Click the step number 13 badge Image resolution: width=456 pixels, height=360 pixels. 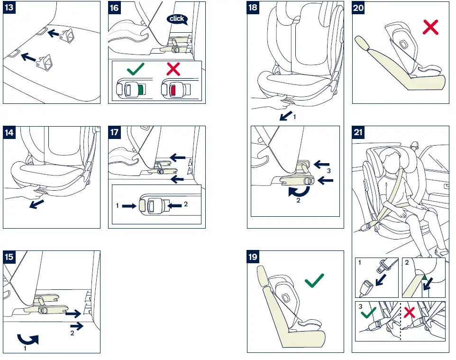pos(9,8)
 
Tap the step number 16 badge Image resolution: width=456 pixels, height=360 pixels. pos(115,8)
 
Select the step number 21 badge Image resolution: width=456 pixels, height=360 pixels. pos(358,132)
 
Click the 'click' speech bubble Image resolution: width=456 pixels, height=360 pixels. pos(177,19)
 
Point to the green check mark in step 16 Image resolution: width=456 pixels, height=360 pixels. pos(136,70)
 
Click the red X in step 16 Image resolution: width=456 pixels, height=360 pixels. pos(173,70)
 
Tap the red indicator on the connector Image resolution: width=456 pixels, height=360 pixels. pos(173,89)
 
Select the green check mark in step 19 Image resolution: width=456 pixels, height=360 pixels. pos(315,280)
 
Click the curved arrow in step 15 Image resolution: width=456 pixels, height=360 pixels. pos(27,339)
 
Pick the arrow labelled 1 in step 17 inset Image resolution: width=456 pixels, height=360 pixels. pos(128,206)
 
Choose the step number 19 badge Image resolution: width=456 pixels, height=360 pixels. pos(254,257)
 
